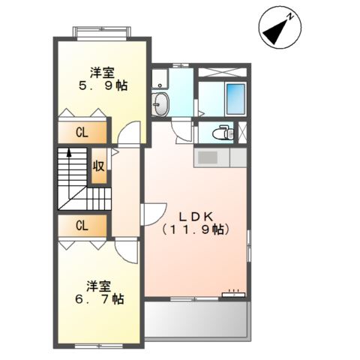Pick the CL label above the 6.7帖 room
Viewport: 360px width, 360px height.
pyautogui.click(x=81, y=225)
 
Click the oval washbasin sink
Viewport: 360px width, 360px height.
pyautogui.click(x=160, y=105)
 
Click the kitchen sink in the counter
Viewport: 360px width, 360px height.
pyautogui.click(x=206, y=158)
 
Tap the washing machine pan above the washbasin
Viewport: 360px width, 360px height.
pyautogui.click(x=160, y=79)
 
